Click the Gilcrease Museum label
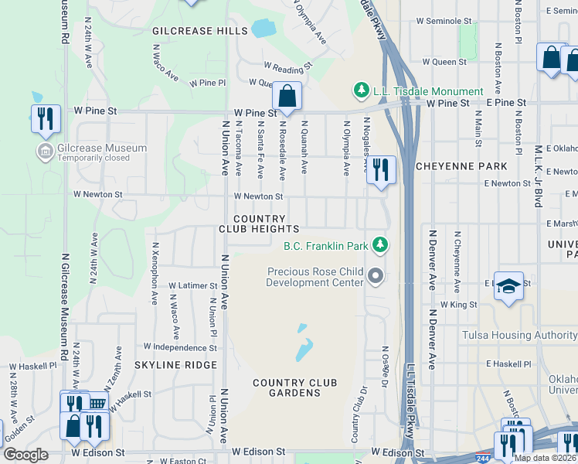pos(101,148)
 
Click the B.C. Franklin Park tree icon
pos(379,246)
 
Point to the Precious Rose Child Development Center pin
pos(376,276)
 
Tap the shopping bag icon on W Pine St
pos(287,97)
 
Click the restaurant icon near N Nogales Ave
pos(380,170)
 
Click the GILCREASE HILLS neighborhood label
pos(200,31)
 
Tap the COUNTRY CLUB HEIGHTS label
pos(259,224)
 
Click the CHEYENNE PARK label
pos(461,166)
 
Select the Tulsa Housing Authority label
pos(518,335)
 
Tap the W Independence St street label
pos(180,348)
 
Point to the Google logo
pos(26,455)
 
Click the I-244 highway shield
pos(484,457)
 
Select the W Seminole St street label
pos(444,21)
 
